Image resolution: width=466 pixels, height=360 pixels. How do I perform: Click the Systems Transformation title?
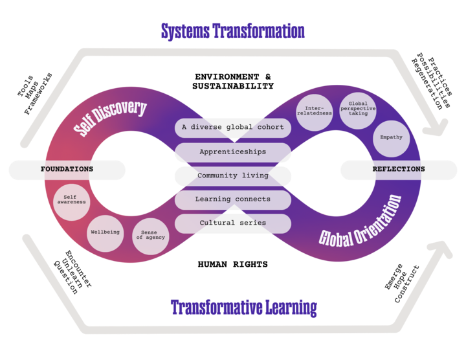(x=233, y=30)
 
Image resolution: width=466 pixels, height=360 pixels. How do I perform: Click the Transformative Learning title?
(x=243, y=307)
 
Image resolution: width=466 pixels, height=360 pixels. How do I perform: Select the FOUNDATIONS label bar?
(x=67, y=170)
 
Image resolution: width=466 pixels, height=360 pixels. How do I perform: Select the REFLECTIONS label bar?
(x=399, y=170)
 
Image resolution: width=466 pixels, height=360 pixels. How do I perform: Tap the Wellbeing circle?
(x=105, y=232)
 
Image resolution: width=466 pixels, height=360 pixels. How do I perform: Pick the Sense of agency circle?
(x=151, y=235)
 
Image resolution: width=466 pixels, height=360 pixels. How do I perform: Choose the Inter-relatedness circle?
(x=315, y=109)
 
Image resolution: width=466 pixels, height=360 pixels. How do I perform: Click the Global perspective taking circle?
(x=358, y=108)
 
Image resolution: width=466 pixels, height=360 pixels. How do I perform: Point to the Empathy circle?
(x=392, y=137)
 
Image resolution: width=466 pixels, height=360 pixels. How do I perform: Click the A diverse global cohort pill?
(x=233, y=128)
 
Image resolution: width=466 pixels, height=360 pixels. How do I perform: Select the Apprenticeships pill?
(x=233, y=152)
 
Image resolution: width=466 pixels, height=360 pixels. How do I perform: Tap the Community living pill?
(x=233, y=175)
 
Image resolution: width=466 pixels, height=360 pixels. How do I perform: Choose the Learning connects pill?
(x=233, y=199)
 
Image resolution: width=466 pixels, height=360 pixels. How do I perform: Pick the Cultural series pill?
(x=233, y=223)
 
